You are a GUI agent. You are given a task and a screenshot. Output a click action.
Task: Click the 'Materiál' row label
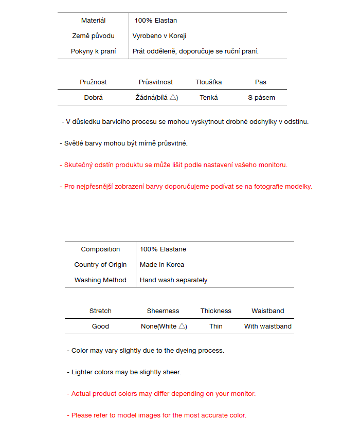coord(93,21)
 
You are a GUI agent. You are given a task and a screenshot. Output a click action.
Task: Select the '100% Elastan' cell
coord(155,21)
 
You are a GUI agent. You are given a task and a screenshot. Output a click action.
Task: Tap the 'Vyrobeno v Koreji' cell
coord(159,36)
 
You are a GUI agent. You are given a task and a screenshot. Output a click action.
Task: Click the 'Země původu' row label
coord(93,36)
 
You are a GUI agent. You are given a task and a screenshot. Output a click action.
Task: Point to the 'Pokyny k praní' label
coord(93,51)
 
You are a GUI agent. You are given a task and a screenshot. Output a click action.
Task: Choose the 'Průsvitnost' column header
coord(156,82)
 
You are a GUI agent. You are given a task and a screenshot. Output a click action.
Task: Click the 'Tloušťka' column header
coord(209,82)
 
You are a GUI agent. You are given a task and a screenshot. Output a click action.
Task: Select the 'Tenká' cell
coord(209,98)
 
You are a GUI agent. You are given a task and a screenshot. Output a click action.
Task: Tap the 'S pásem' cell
coord(261,98)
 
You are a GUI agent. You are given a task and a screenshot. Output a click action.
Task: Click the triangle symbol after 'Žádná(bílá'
coord(173,97)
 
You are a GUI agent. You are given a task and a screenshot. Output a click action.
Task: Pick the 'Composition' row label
coord(100,249)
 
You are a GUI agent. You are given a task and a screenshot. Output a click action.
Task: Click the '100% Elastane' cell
coord(163,249)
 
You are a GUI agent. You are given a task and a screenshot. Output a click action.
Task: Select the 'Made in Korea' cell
coord(162,265)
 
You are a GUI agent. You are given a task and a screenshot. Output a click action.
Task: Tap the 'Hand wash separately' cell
coord(174,280)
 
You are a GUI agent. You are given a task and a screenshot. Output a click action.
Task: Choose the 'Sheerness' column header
coord(163,311)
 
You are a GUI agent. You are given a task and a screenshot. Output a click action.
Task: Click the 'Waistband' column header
coord(268,311)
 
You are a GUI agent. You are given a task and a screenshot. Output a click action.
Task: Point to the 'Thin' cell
coord(216,326)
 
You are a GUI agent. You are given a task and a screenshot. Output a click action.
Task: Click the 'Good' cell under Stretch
coord(100,326)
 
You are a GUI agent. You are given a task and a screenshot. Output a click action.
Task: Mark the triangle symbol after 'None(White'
coord(182,326)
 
